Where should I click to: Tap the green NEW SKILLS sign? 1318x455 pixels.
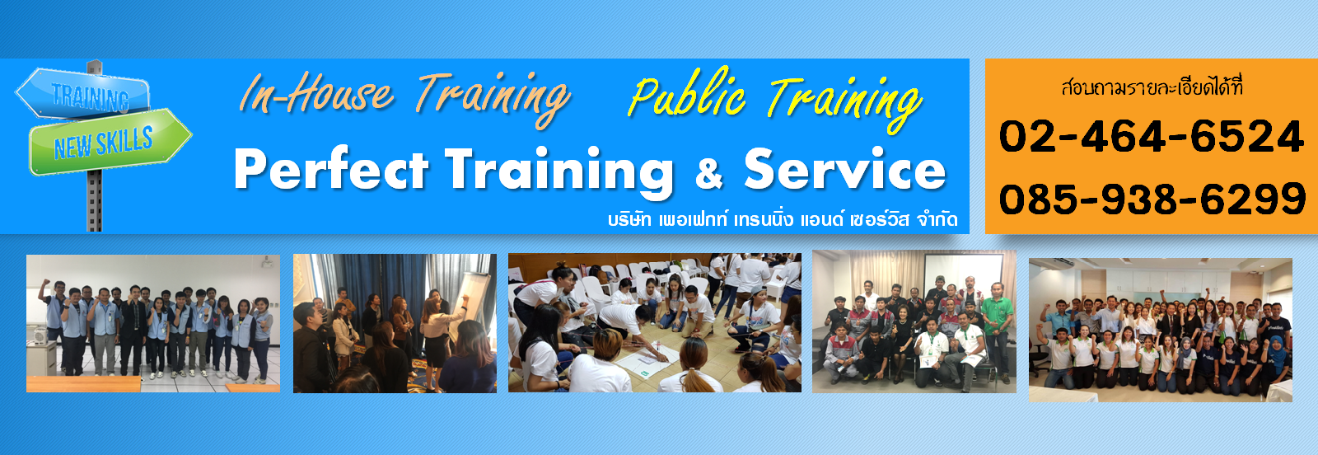pos(110,141)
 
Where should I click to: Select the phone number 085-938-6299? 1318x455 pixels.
pos(1152,199)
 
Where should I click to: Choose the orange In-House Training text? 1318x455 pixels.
pos(404,97)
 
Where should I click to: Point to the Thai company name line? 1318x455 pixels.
pos(783,220)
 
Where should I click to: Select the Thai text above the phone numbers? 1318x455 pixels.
pos(1152,87)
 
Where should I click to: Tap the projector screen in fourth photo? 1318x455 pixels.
pos(963,281)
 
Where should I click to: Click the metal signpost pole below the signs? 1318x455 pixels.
pos(95,201)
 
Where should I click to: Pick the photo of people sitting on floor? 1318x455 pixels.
pos(655,322)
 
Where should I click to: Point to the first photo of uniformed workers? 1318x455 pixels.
pos(153,323)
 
